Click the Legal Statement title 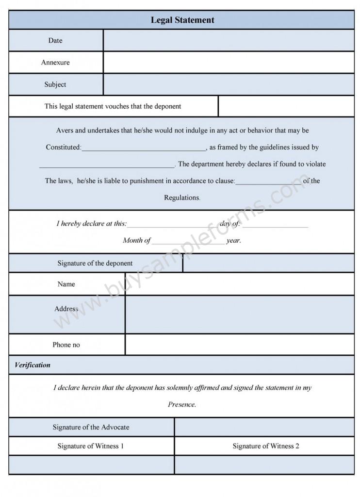point(182,20)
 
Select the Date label point(55,40)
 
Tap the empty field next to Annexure point(229,62)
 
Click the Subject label point(55,84)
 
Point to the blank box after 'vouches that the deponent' point(286,106)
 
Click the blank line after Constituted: point(144,148)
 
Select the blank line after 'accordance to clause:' point(268,181)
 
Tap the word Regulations point(182,198)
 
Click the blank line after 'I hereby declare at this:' point(172,224)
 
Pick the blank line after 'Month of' point(188,241)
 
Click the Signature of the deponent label point(95,263)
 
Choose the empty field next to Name point(240,284)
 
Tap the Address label point(66,309)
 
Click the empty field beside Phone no point(240,345)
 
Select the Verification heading point(33,365)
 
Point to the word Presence point(182,404)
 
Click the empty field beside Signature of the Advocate point(264,427)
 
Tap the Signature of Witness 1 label point(91,446)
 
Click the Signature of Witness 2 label point(265,446)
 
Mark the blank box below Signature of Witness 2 point(264,464)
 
